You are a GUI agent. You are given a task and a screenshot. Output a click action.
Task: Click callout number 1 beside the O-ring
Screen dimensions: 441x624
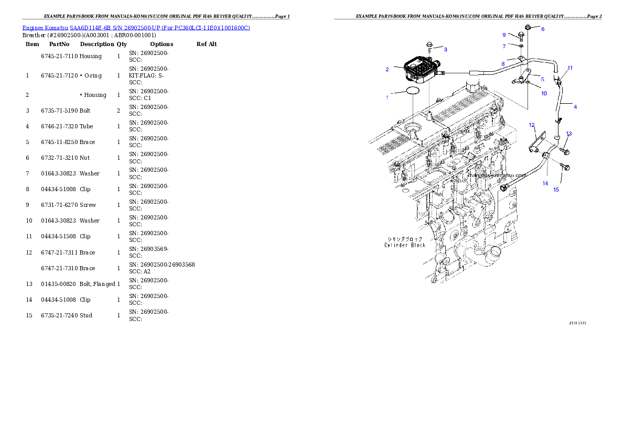tap(387, 97)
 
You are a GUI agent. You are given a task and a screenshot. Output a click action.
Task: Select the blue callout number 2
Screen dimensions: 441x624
tap(387, 69)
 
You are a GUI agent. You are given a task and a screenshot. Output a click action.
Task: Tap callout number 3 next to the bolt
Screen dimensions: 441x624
tap(445, 49)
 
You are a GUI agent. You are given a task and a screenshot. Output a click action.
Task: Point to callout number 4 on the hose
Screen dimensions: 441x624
tap(575, 107)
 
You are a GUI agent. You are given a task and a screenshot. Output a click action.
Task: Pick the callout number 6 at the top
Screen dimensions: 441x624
tap(543, 29)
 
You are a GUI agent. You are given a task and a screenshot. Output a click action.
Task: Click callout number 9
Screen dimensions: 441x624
tap(504, 35)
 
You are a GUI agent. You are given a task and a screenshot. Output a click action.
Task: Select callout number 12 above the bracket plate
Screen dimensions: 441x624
tap(532, 125)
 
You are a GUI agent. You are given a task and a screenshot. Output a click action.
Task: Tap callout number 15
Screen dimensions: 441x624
tap(556, 190)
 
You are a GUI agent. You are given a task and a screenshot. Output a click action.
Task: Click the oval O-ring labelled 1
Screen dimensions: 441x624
tap(413, 91)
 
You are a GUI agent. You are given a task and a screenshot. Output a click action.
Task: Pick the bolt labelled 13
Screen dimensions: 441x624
tap(564, 151)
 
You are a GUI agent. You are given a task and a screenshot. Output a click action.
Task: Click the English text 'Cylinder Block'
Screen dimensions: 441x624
tap(404, 245)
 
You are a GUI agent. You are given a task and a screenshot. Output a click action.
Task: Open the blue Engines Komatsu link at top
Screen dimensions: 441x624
tap(136, 27)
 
